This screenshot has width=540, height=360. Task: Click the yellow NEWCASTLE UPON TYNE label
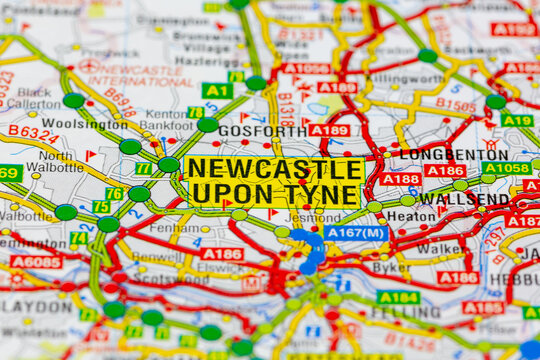[x=273, y=181]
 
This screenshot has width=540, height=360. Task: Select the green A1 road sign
[x=217, y=90]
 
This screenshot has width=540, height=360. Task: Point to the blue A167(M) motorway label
[x=356, y=233]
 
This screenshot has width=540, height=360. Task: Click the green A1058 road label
[x=507, y=168]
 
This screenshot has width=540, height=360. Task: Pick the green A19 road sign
[x=517, y=120]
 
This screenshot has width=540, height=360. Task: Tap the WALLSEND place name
[x=464, y=198]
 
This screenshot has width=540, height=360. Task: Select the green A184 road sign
[x=398, y=297]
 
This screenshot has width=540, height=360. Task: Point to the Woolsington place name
[x=71, y=123]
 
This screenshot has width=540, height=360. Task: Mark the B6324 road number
[x=33, y=132]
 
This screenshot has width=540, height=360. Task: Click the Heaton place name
[x=411, y=215]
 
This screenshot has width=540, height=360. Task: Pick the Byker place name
[x=391, y=267]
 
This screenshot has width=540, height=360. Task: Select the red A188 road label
[x=400, y=179]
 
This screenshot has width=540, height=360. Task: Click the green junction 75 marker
[x=102, y=207]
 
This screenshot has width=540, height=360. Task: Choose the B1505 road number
[x=455, y=104]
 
